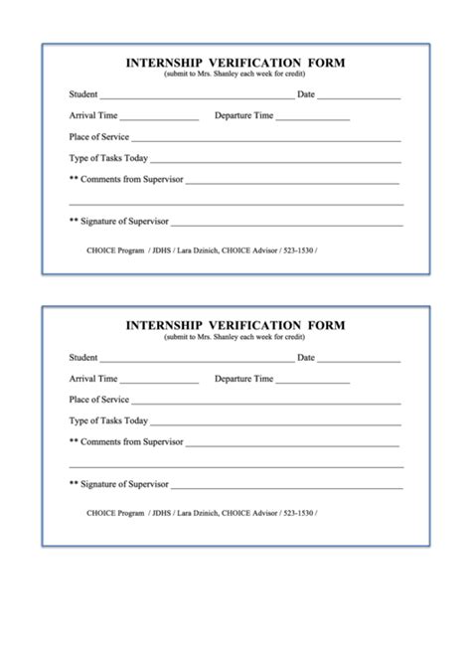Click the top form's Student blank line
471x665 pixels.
[196, 98]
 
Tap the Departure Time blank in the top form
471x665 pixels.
[312, 119]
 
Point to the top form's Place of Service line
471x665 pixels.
[266, 140]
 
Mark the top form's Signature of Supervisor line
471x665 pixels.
[287, 225]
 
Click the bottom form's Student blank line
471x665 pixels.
[196, 361]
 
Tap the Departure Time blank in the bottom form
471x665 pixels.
[312, 382]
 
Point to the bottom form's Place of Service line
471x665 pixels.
[266, 403]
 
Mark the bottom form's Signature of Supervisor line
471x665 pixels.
[287, 487]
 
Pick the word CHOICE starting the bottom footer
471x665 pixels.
[101, 513]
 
